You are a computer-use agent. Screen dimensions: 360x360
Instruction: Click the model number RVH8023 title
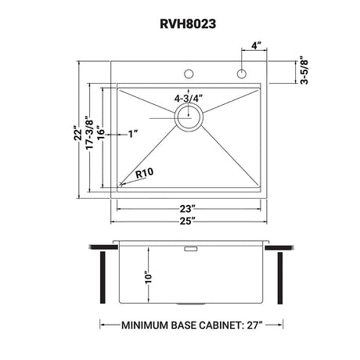[x=180, y=23]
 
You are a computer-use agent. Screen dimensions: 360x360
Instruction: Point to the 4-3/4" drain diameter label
[x=189, y=99]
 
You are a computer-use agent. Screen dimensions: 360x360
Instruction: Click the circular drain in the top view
[x=188, y=117]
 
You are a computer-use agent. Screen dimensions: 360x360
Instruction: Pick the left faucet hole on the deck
[x=188, y=76]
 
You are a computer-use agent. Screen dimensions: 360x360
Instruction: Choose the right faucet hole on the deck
[x=241, y=76]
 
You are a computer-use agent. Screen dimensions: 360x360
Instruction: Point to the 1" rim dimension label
[x=134, y=134]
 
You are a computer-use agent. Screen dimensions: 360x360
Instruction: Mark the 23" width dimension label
[x=187, y=208]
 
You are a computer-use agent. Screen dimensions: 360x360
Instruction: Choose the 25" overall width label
[x=187, y=221]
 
